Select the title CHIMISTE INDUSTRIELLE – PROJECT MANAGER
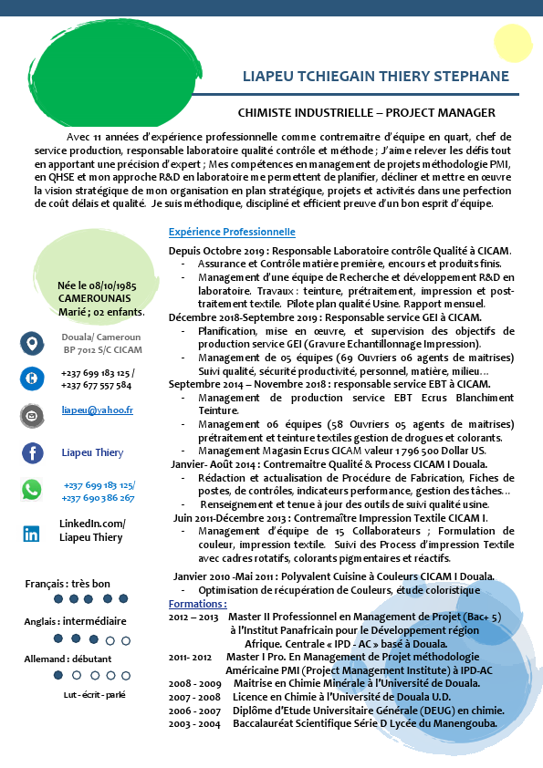pyautogui.click(x=366, y=113)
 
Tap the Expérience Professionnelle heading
pyautogui.click(x=232, y=232)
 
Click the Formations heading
pyautogui.click(x=197, y=604)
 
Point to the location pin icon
pyautogui.click(x=32, y=343)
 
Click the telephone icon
pyautogui.click(x=32, y=378)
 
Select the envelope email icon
pyautogui.click(x=32, y=415)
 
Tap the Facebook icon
pyautogui.click(x=32, y=452)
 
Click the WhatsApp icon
pyautogui.click(x=32, y=490)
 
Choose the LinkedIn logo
pyautogui.click(x=32, y=534)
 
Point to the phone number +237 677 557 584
pyautogui.click(x=96, y=385)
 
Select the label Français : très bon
pyautogui.click(x=67, y=583)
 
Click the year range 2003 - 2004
pyautogui.click(x=194, y=723)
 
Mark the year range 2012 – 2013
pyautogui.click(x=193, y=617)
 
